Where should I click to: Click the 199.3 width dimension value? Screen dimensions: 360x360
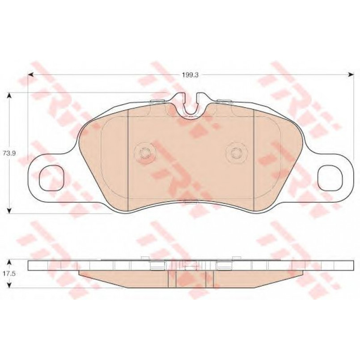pyautogui.click(x=190, y=75)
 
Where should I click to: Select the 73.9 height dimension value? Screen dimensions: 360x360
pyautogui.click(x=9, y=153)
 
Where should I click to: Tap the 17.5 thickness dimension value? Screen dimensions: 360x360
pyautogui.click(x=9, y=274)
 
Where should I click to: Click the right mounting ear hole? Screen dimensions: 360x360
pyautogui.click(x=330, y=178)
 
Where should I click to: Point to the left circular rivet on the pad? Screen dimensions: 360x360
pyautogui.click(x=145, y=152)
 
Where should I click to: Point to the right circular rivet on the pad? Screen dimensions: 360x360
pyautogui.click(x=237, y=152)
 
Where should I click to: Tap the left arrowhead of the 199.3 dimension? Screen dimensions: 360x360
pyautogui.click(x=31, y=74)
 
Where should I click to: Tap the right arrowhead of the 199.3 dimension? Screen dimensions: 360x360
pyautogui.click(x=351, y=74)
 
